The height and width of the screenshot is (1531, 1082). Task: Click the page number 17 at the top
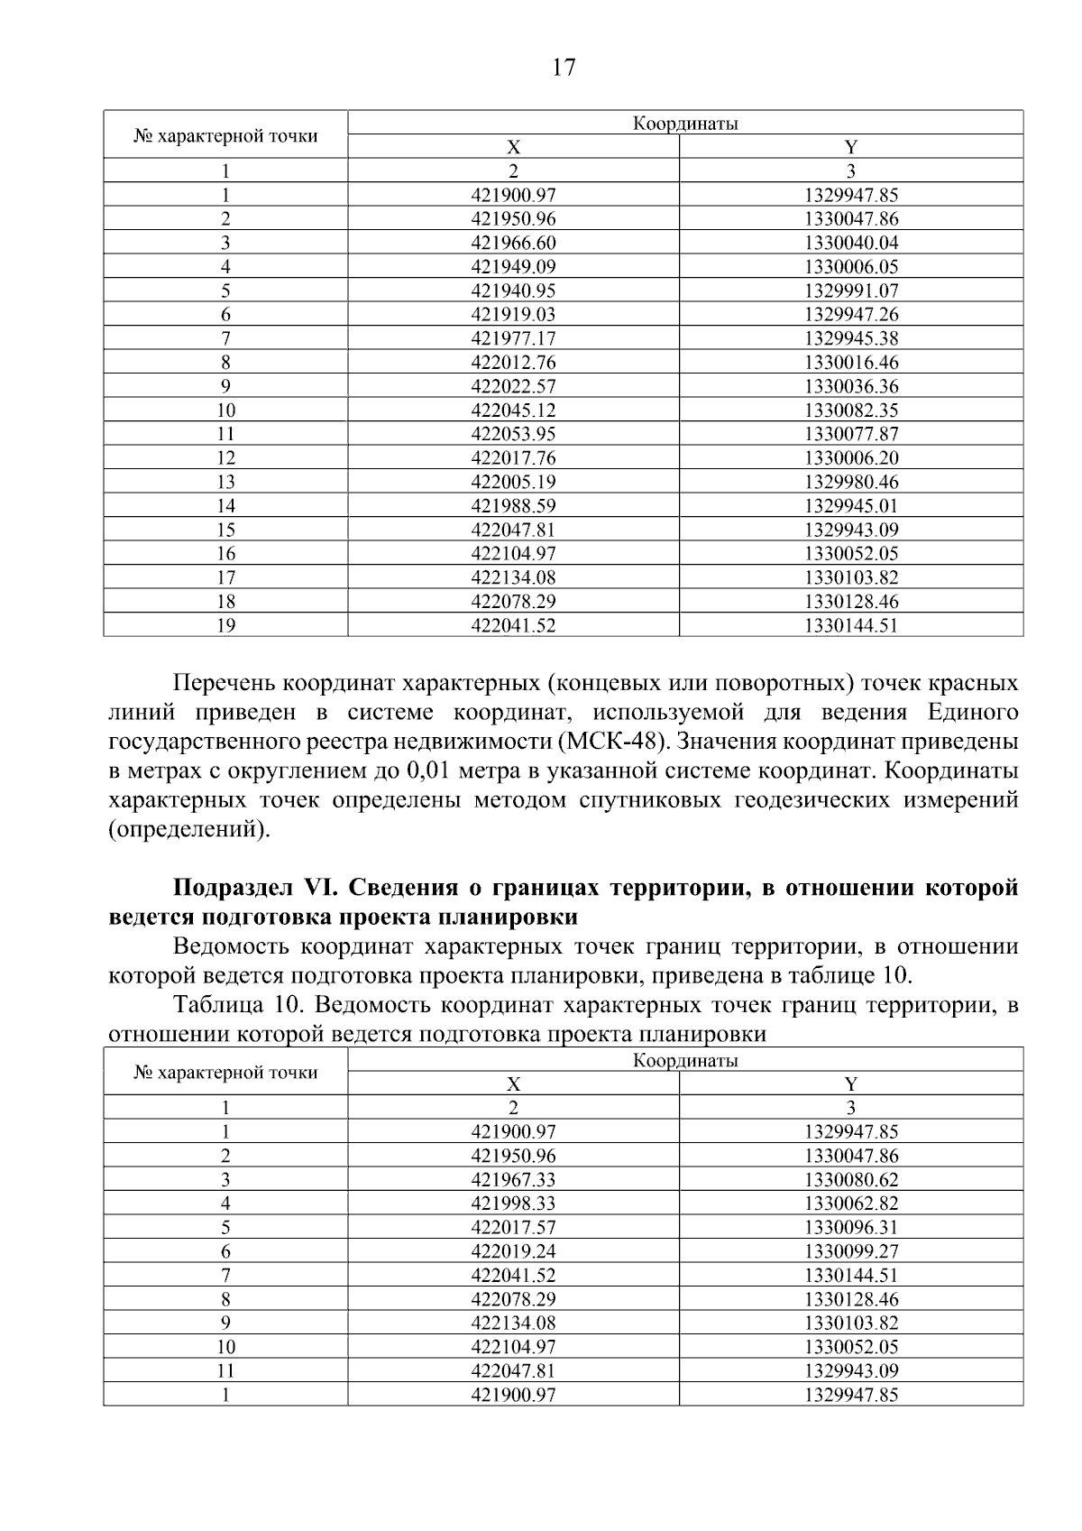(563, 68)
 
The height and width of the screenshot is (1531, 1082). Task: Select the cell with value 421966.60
(513, 243)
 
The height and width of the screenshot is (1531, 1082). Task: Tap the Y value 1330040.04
(851, 243)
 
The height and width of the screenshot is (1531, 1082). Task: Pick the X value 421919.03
(513, 315)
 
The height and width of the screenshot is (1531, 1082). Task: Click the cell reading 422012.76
(513, 363)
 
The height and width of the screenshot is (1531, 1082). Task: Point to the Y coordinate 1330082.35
(851, 410)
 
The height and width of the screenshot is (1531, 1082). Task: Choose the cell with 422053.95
(513, 434)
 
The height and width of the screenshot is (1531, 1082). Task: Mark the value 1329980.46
(851, 482)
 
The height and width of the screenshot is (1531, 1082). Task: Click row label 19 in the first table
(225, 625)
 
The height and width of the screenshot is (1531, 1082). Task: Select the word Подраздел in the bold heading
(233, 888)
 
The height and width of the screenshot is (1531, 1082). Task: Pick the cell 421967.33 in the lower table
(513, 1180)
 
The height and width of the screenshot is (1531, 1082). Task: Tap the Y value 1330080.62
(851, 1180)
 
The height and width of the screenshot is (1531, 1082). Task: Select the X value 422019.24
(513, 1251)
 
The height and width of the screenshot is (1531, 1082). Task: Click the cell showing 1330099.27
(851, 1251)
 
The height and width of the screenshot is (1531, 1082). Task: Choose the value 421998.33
(513, 1204)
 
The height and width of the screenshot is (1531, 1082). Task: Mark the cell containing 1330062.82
(851, 1204)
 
